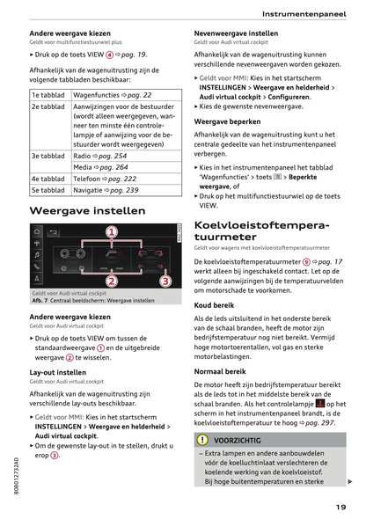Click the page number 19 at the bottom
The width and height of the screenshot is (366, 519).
point(340,506)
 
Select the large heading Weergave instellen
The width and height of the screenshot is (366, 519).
point(88,211)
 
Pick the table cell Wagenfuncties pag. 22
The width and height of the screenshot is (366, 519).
point(112,95)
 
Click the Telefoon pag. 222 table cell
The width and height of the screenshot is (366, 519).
point(105,178)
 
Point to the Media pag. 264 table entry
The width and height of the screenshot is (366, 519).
point(100,166)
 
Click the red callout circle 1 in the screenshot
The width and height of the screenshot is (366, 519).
point(112,232)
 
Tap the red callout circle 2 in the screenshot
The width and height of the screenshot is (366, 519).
point(112,281)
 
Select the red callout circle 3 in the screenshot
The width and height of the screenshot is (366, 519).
point(165,281)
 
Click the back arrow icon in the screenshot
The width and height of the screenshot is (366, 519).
point(52,233)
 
